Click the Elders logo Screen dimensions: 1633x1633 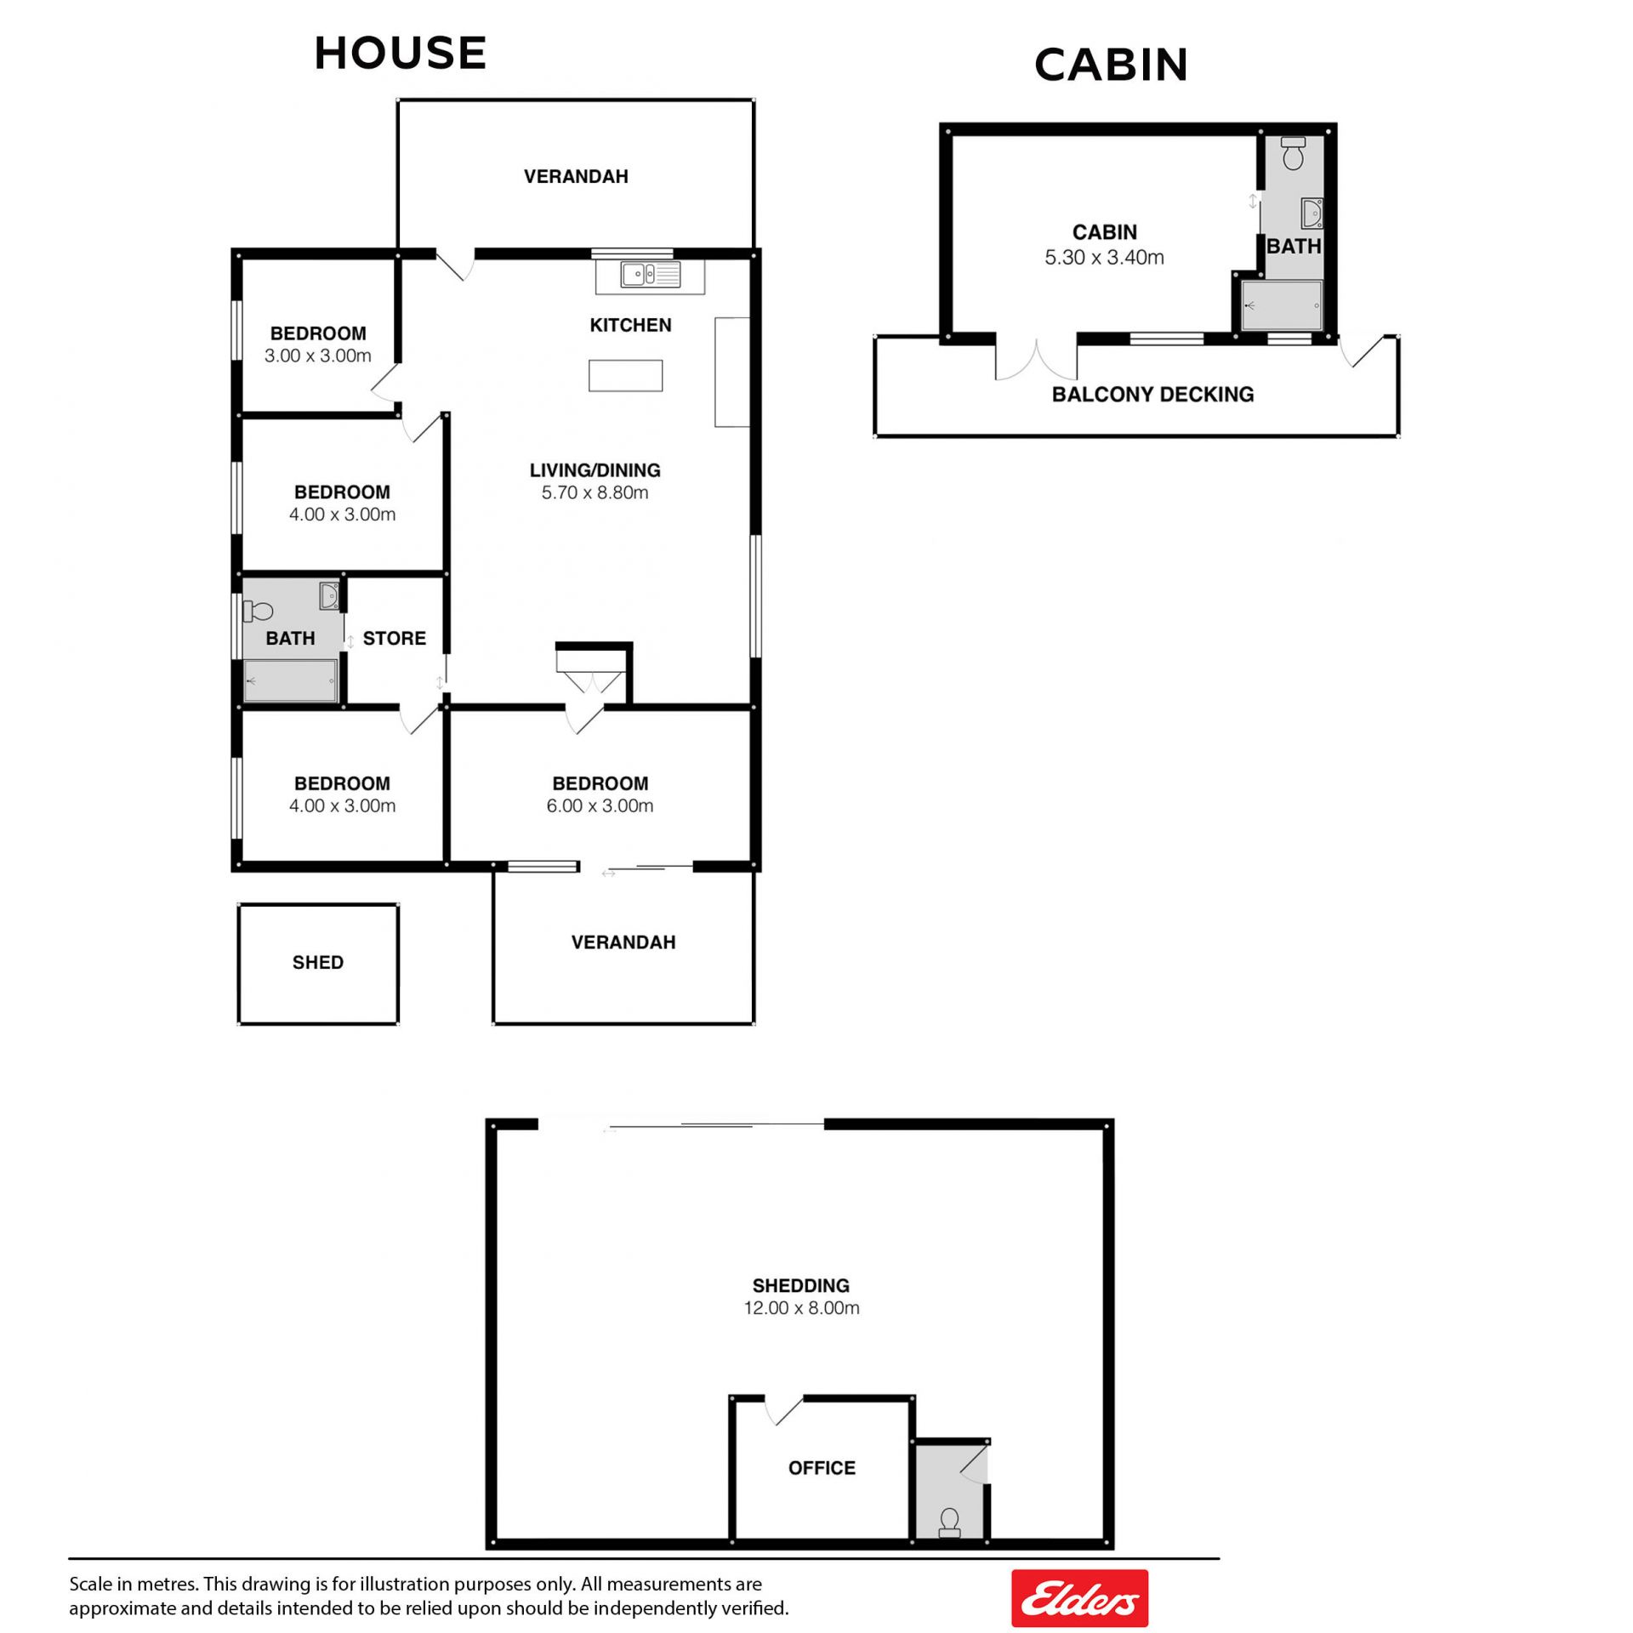(1079, 1598)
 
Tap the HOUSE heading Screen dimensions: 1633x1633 (400, 53)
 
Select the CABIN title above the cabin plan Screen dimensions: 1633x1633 (1111, 65)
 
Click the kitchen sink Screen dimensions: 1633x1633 (650, 275)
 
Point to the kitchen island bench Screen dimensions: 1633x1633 (625, 375)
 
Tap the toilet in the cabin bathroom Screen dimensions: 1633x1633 (1293, 153)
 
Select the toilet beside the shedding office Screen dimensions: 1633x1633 (949, 1522)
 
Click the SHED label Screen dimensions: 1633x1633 (318, 962)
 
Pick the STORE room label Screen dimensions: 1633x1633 (394, 638)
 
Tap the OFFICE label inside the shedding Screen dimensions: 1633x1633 (822, 1467)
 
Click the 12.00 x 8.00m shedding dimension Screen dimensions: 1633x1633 (801, 1307)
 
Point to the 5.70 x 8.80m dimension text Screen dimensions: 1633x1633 (595, 492)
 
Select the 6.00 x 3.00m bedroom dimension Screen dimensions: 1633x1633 (600, 805)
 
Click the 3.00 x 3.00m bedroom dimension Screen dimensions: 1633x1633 (317, 356)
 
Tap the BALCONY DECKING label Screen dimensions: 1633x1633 (1152, 394)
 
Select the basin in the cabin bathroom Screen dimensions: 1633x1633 (1312, 213)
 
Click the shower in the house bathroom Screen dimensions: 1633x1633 (290, 680)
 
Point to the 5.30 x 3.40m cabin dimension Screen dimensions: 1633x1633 (1104, 257)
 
